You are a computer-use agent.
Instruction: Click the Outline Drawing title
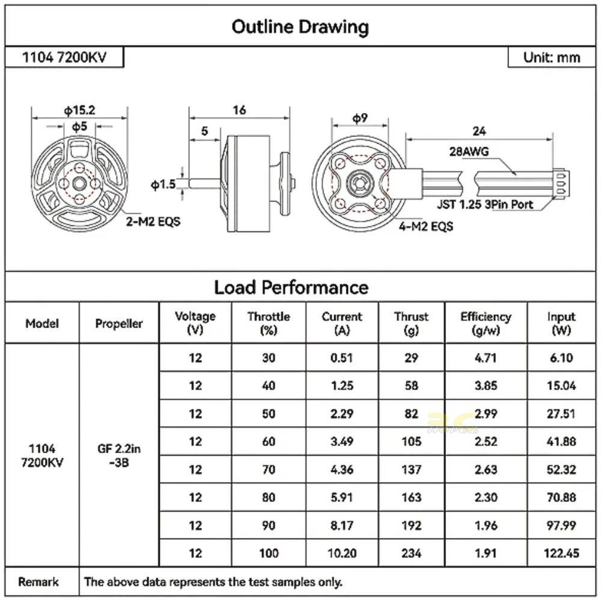pos(300,27)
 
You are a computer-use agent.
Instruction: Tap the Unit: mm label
pos(552,58)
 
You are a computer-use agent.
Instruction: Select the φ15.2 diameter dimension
pos(79,111)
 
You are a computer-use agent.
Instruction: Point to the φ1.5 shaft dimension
pos(163,185)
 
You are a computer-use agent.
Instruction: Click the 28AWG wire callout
pos(469,152)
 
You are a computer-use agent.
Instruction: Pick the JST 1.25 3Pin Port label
pos(485,204)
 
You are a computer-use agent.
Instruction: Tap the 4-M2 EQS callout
pos(426,227)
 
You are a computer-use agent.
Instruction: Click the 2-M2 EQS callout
pos(153,222)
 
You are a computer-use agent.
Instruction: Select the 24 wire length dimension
pos(479,132)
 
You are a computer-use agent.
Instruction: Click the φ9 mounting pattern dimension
pos(360,118)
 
